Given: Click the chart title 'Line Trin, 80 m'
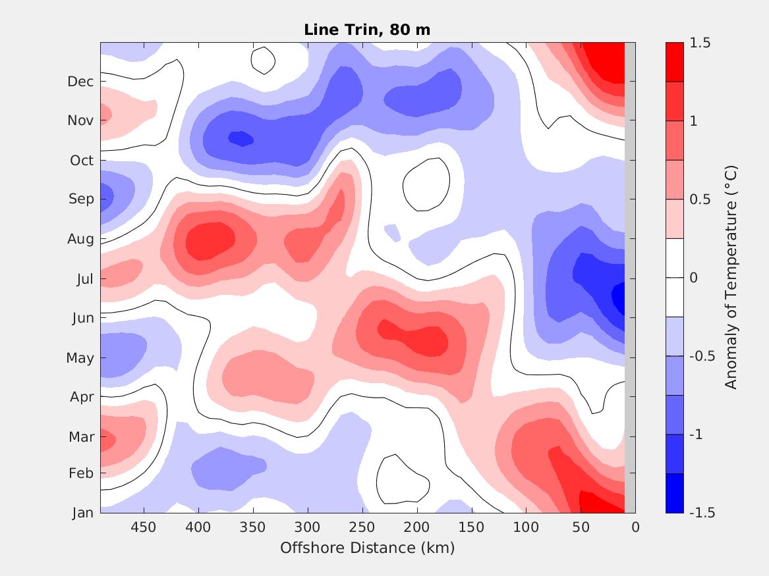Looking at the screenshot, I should (x=368, y=30).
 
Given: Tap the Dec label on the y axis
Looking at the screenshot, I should (x=80, y=82).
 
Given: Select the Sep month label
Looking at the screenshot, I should (x=81, y=199).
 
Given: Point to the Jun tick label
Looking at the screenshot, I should (x=82, y=318).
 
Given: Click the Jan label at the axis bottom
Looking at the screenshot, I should (x=82, y=512).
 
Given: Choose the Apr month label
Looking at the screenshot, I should (x=82, y=397).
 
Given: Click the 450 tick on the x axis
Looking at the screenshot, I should (x=144, y=527).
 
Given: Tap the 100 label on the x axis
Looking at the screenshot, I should (x=526, y=527).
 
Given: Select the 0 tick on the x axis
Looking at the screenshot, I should (x=635, y=527).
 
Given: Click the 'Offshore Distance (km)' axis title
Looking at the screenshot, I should (x=368, y=548).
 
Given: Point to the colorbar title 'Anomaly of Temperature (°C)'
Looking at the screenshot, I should (x=730, y=277).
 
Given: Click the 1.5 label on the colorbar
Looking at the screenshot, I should (x=700, y=43).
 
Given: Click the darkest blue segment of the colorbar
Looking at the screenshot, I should (x=675, y=493).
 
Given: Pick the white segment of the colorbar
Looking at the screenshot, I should (x=675, y=277).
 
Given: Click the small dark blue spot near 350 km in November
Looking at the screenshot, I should (x=241, y=139).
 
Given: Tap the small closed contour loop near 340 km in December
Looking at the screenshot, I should (x=263, y=61).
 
